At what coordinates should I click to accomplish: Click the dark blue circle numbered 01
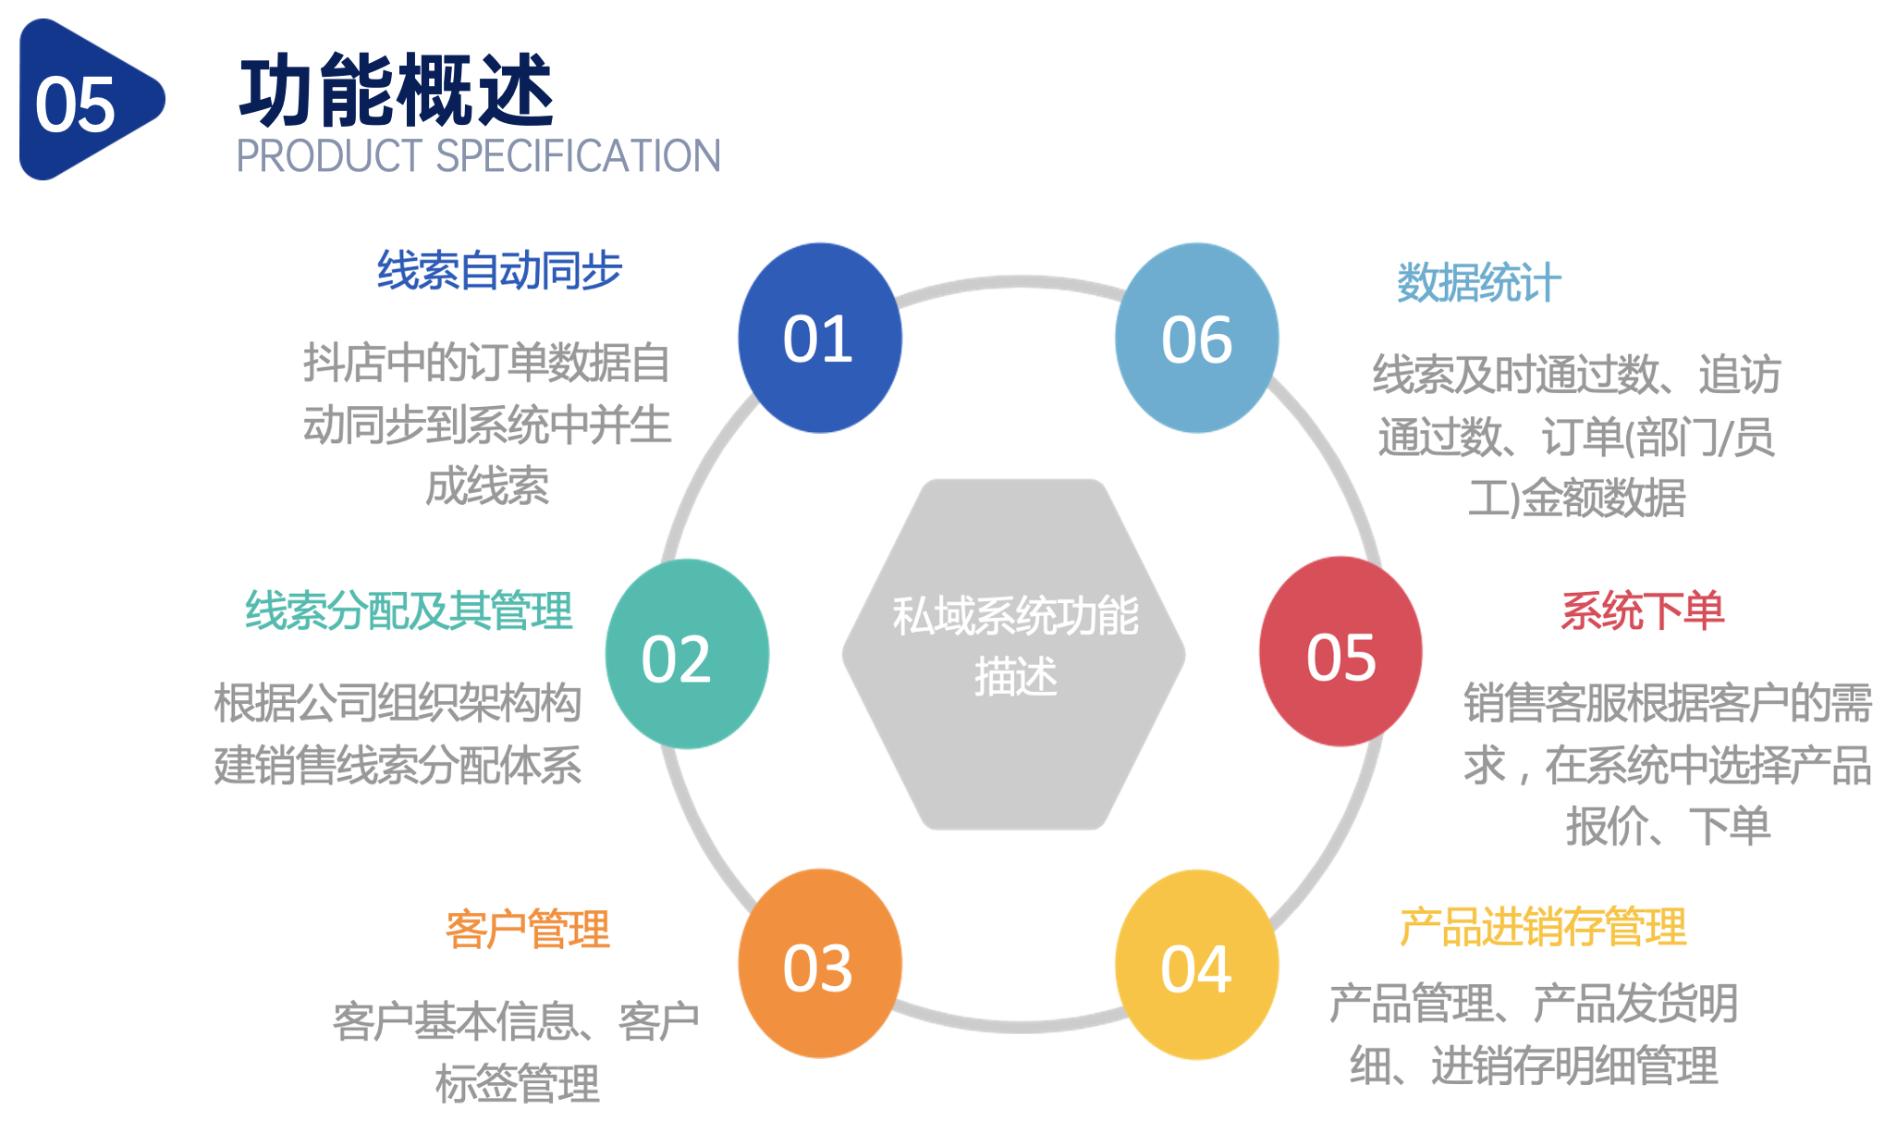point(819,339)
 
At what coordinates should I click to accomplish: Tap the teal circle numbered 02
point(687,655)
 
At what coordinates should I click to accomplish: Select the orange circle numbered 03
point(819,964)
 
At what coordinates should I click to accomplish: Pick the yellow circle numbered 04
point(1197,965)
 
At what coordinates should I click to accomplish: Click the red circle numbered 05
point(1340,652)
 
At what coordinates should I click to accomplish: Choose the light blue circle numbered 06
point(1197,339)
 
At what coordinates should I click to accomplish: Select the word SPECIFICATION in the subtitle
point(578,156)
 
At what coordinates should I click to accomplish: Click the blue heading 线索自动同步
point(499,271)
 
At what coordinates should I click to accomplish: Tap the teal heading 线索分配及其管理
point(409,610)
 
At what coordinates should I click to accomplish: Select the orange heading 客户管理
point(527,930)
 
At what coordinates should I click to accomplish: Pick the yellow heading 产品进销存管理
point(1543,927)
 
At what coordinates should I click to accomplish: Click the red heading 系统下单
point(1643,610)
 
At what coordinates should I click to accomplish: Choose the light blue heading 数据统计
point(1478,282)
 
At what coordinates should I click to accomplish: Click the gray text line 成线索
point(487,487)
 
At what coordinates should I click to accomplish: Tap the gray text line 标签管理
point(518,1083)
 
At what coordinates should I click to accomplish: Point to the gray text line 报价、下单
point(1668,826)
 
